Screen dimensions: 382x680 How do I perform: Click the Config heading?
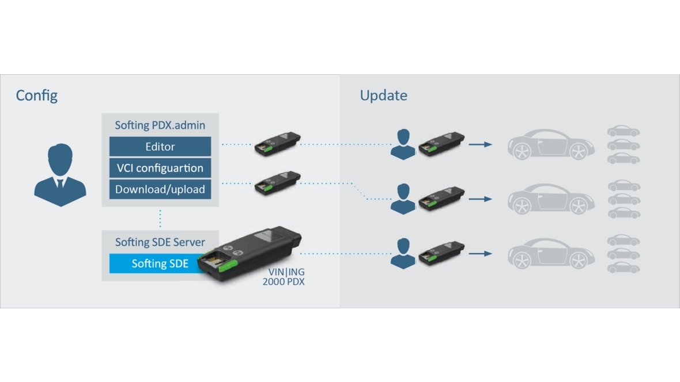(x=37, y=95)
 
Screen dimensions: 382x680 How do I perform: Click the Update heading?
(x=383, y=95)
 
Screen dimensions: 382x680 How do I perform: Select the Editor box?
(x=160, y=147)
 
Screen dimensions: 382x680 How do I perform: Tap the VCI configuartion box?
(x=160, y=168)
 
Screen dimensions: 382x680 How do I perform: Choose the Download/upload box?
(x=160, y=189)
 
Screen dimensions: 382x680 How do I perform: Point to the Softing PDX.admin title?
(x=160, y=125)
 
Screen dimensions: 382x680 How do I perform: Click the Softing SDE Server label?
(x=160, y=242)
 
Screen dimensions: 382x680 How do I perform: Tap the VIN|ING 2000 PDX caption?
(x=284, y=277)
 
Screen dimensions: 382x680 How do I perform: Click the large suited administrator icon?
(x=60, y=175)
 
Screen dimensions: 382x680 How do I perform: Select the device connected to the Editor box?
(x=277, y=144)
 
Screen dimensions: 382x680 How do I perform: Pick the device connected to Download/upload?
(x=277, y=182)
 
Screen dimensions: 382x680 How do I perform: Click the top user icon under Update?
(x=403, y=144)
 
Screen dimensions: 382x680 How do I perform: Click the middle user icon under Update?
(x=403, y=198)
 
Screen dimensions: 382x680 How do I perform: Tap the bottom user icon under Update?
(x=403, y=253)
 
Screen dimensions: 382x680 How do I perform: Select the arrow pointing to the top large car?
(x=480, y=144)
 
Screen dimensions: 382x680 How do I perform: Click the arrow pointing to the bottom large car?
(x=480, y=254)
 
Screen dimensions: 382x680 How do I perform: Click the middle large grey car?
(x=550, y=199)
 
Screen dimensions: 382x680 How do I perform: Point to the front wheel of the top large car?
(x=521, y=151)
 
